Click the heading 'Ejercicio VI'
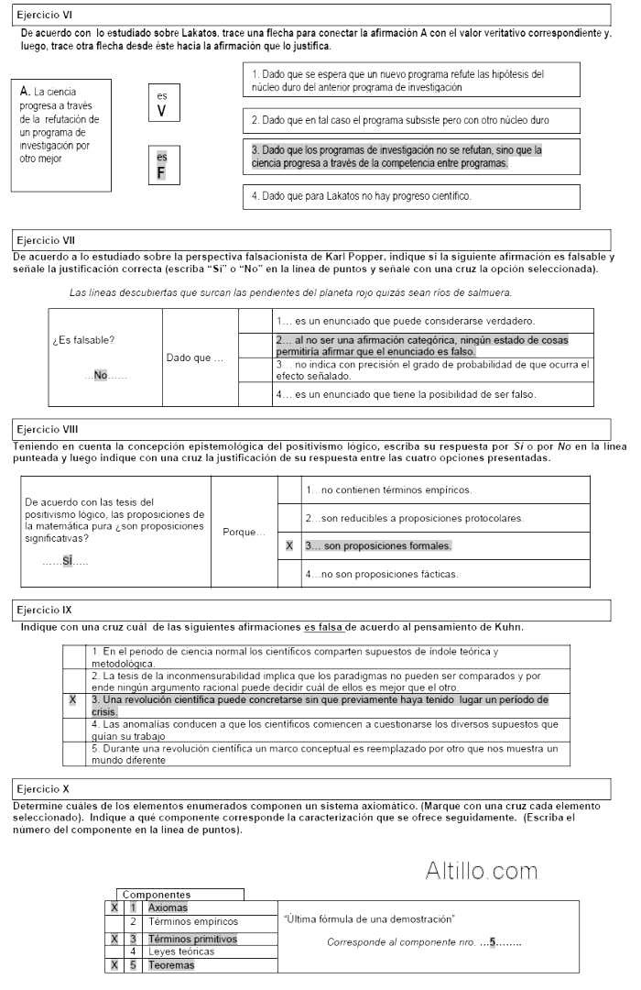click(45, 15)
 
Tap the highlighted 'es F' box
click(161, 165)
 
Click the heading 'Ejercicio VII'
click(47, 240)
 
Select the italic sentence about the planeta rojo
click(290, 292)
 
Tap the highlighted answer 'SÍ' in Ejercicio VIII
click(67, 560)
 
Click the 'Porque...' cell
click(243, 532)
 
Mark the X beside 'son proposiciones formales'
click(289, 546)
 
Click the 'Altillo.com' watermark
click(481, 870)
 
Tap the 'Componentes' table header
click(157, 894)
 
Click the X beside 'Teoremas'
click(114, 964)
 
